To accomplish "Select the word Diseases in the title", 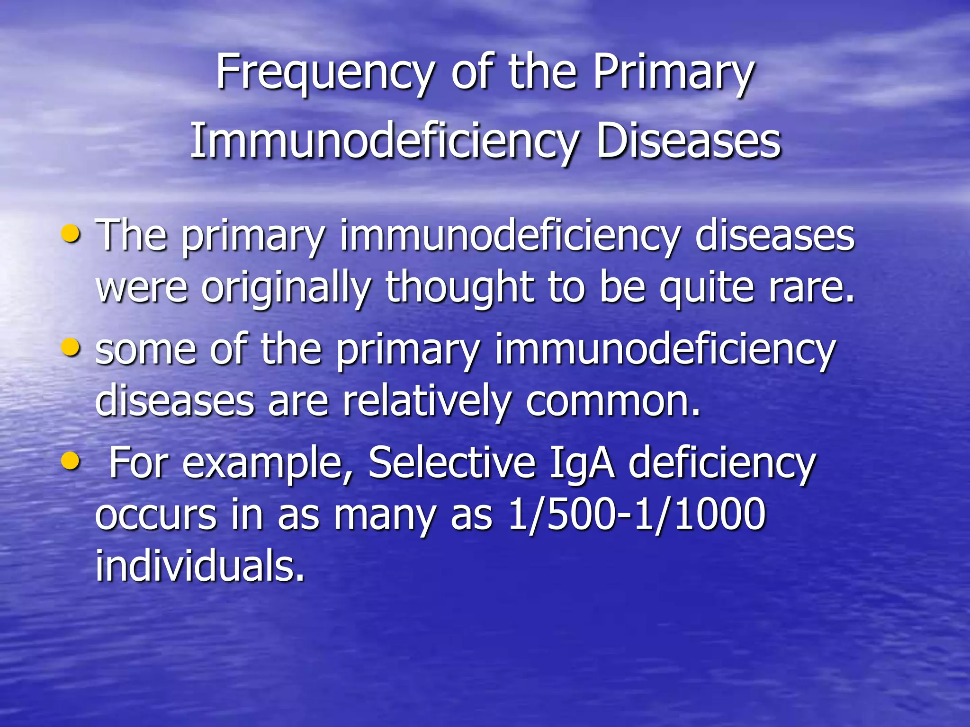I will pyautogui.click(x=688, y=141).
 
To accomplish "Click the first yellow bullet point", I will pyautogui.click(x=71, y=233).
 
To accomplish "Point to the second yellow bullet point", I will pyautogui.click(x=71, y=348).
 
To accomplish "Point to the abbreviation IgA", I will pyautogui.click(x=582, y=464).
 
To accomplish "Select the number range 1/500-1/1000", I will pyautogui.click(x=636, y=514).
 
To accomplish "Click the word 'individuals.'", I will pyautogui.click(x=200, y=566).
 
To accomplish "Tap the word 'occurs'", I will pyautogui.click(x=156, y=515).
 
